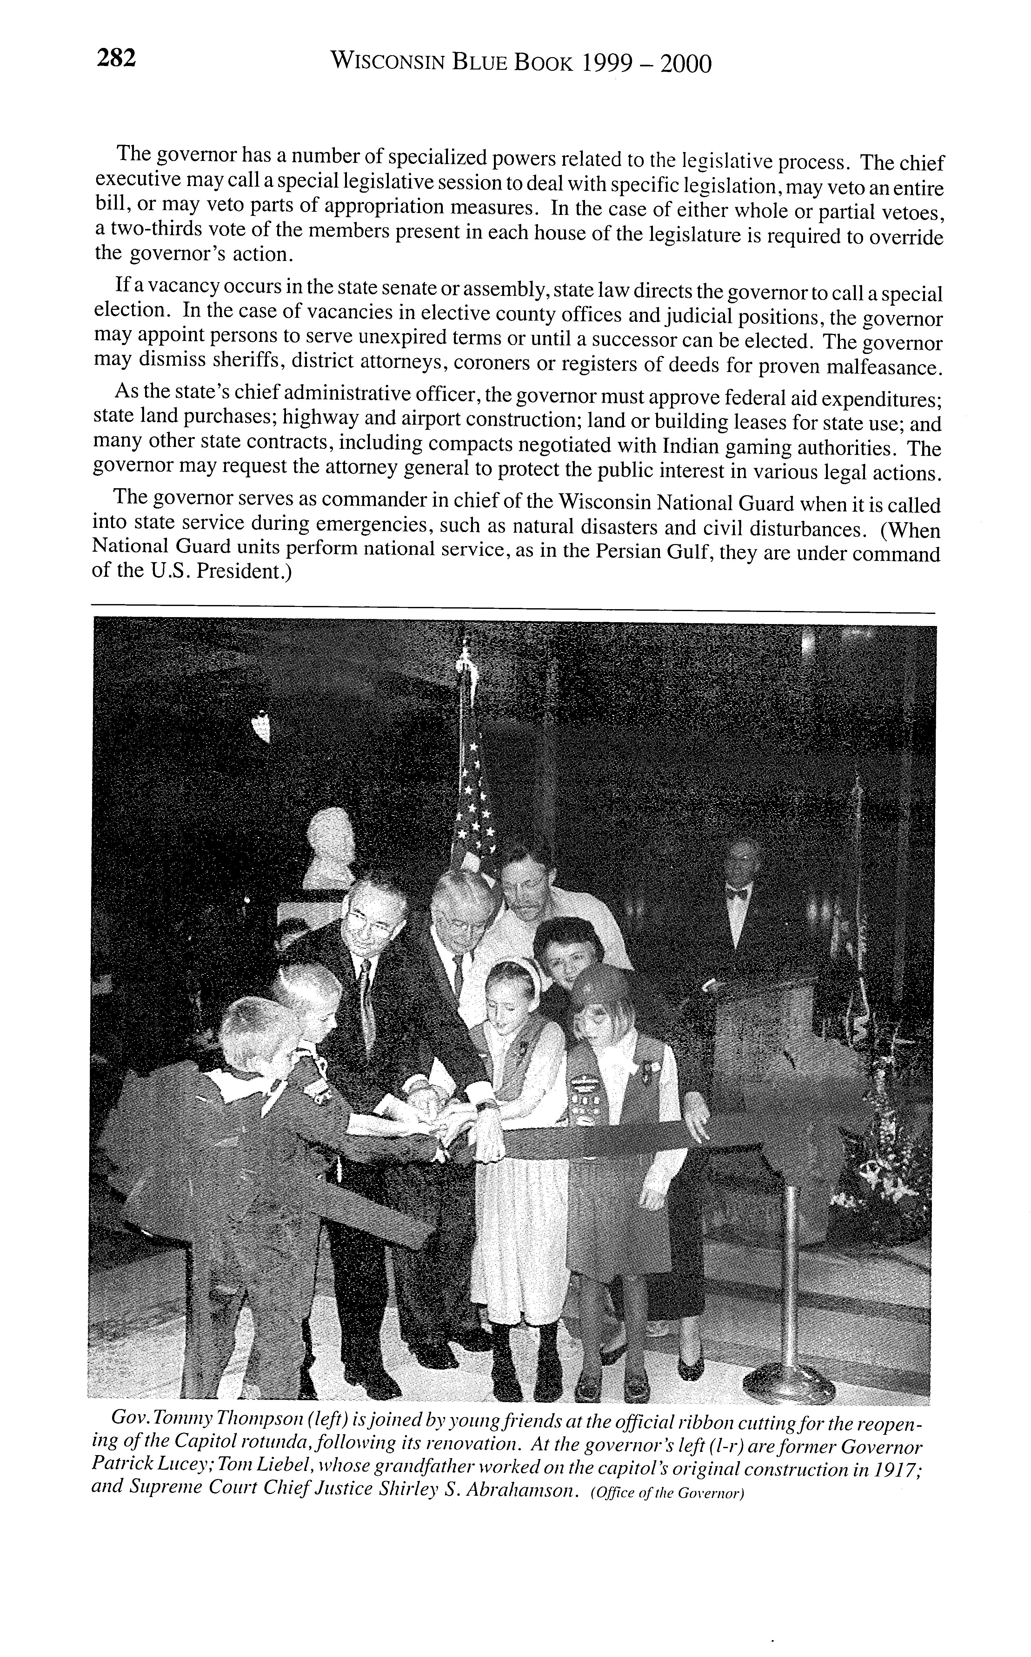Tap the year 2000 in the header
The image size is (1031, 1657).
click(x=686, y=63)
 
